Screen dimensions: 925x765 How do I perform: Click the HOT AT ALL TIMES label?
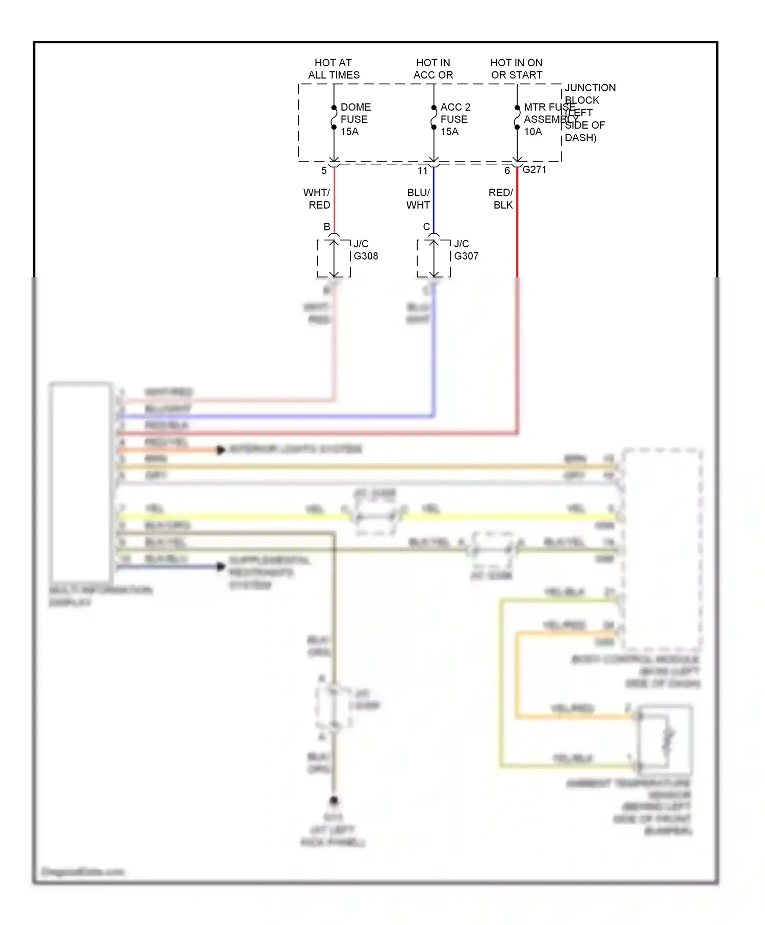334,69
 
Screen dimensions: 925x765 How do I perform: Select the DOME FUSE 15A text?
355,119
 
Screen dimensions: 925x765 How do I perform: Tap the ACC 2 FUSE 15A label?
455,119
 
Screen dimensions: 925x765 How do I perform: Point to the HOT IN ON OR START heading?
516,69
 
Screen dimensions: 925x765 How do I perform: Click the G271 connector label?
534,170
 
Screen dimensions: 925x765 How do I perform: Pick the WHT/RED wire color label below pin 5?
317,198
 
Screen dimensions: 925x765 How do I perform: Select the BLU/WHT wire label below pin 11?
418,198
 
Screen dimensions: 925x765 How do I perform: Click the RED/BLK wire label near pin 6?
501,198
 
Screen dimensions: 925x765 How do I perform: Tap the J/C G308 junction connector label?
365,250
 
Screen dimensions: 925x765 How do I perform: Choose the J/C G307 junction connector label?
466,250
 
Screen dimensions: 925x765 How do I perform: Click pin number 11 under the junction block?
422,171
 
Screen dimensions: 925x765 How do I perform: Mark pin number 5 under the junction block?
324,171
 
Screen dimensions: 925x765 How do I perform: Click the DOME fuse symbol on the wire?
334,117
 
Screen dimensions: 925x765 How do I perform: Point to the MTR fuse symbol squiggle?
517,117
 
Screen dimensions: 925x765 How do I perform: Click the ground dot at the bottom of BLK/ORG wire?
334,801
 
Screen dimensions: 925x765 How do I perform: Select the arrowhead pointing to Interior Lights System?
221,450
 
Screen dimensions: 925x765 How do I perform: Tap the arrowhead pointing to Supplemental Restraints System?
221,566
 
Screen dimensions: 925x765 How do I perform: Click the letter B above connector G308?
327,226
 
